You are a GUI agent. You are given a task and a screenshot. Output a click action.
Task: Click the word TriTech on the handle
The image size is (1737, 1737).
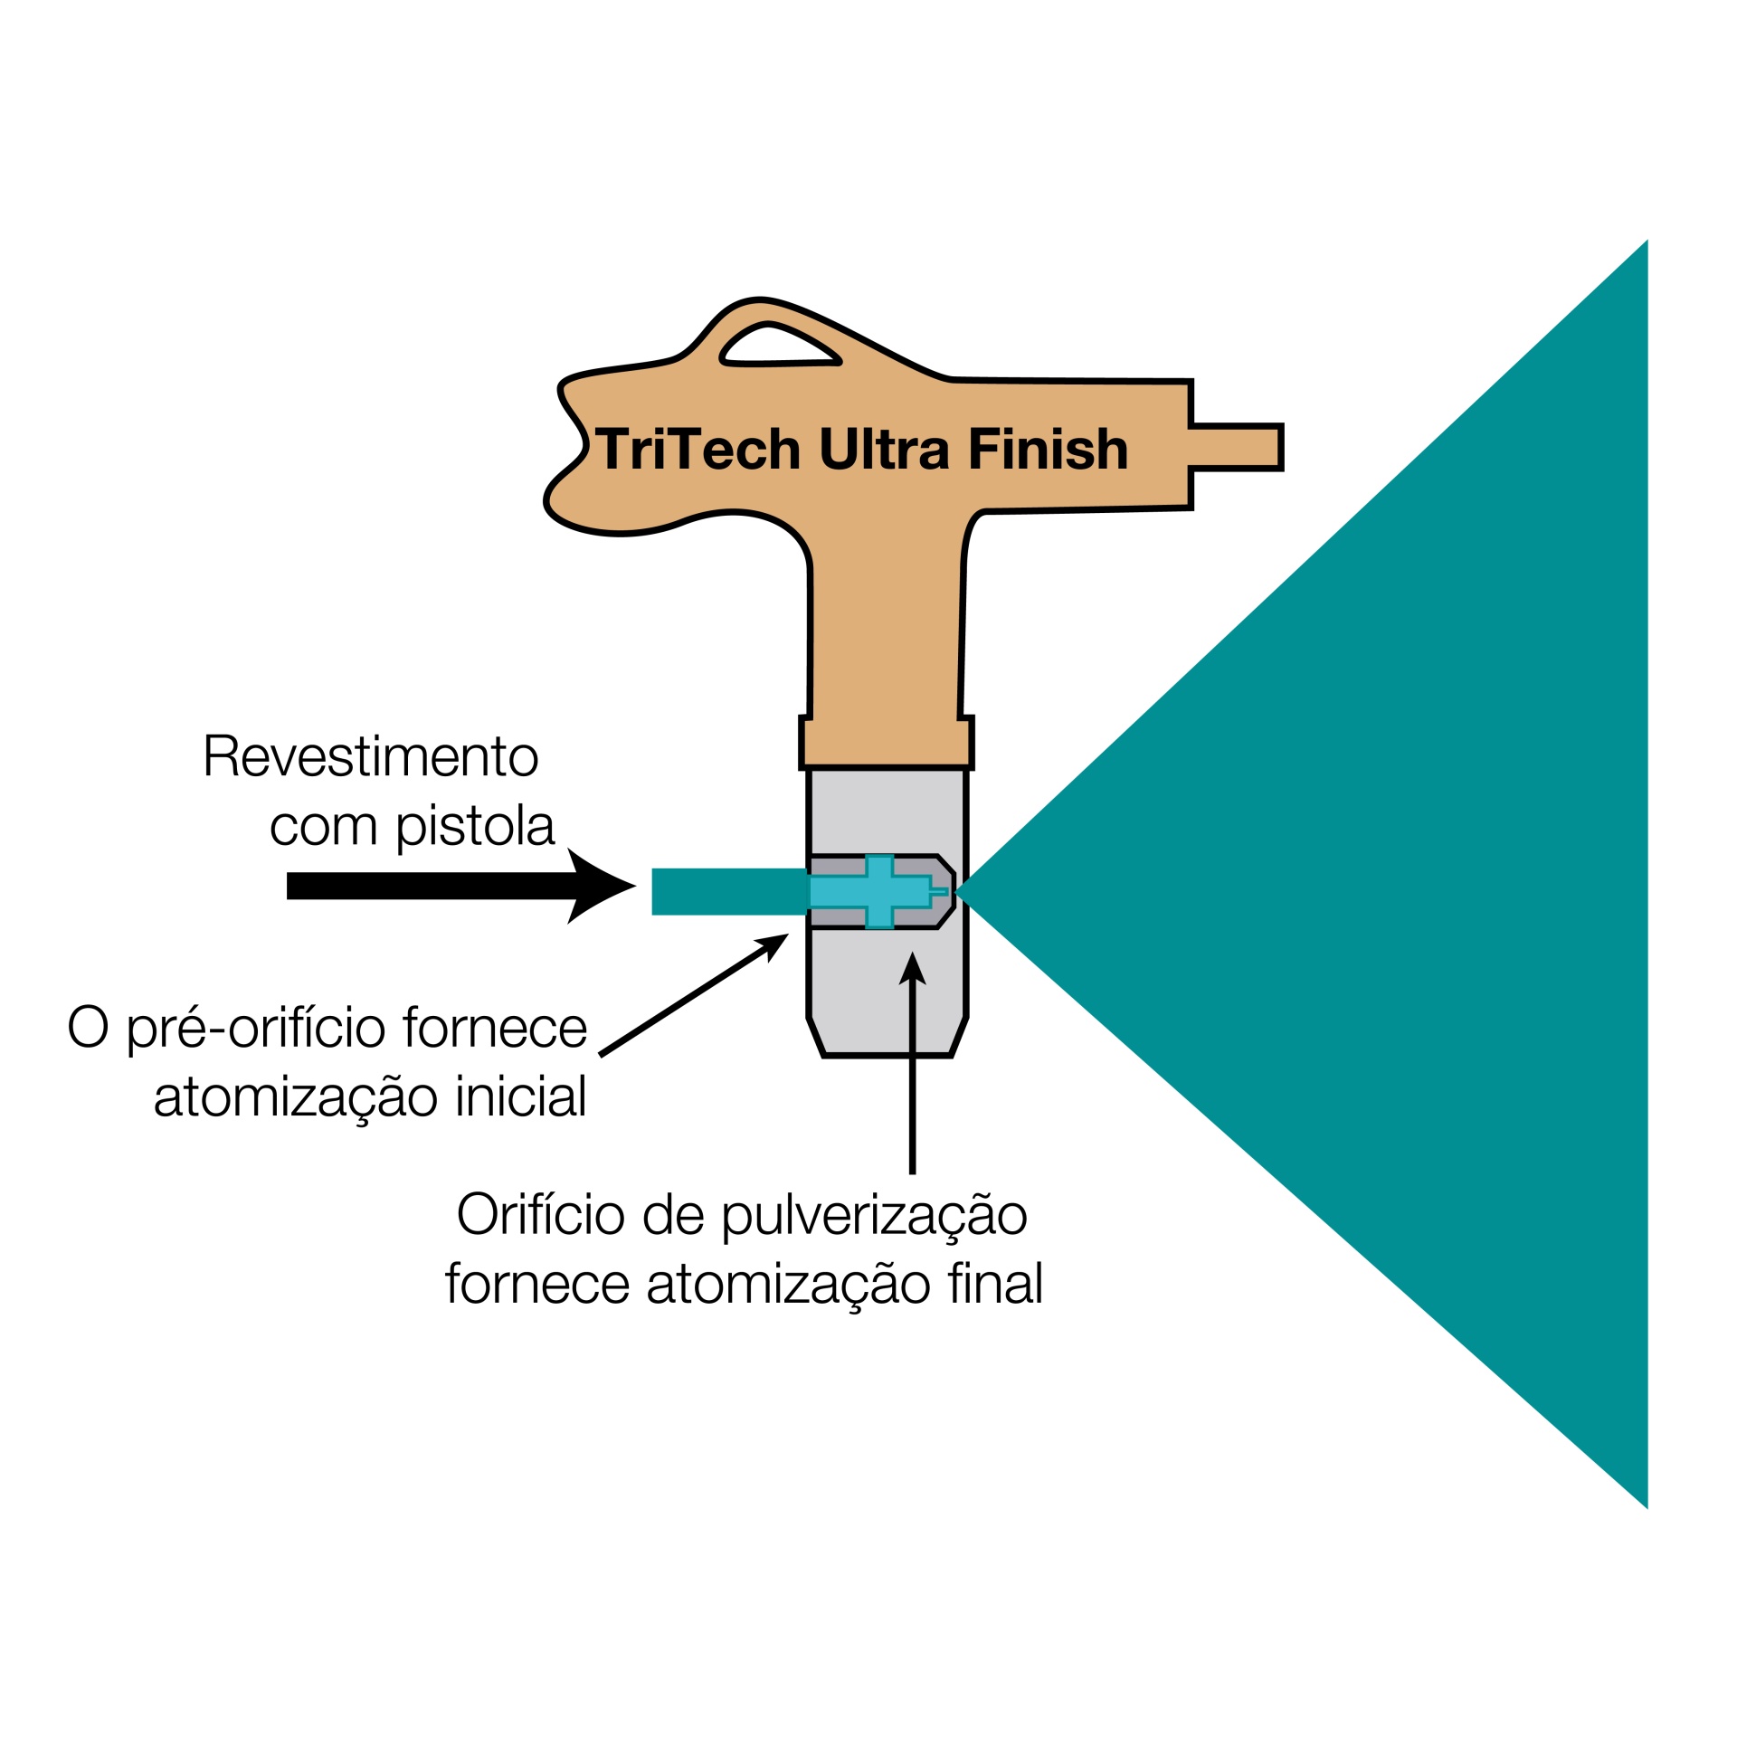[698, 450]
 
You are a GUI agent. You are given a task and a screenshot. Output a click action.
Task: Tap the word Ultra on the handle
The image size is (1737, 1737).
[884, 450]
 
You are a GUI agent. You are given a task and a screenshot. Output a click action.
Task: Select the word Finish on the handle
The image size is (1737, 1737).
[1048, 450]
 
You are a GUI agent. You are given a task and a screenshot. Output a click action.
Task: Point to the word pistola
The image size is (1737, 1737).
[475, 827]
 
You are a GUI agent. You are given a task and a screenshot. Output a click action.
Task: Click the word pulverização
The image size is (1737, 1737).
[874, 1217]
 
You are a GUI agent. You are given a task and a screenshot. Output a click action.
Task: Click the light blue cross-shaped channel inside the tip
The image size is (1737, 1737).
[878, 891]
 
